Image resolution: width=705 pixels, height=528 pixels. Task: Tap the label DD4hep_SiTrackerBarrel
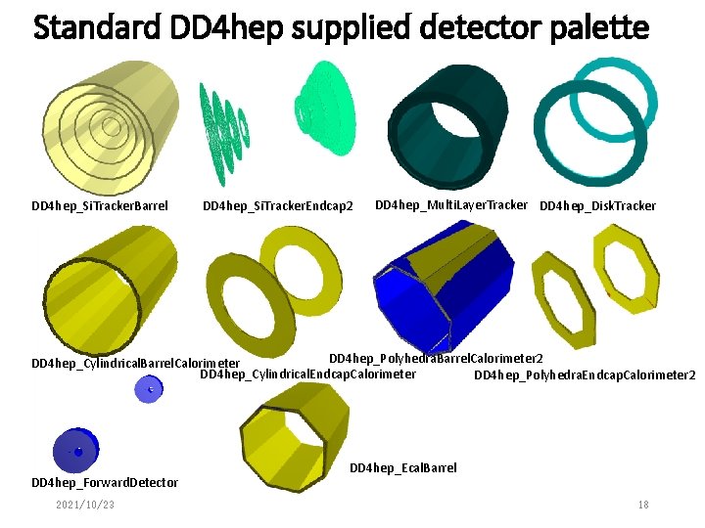[100, 206]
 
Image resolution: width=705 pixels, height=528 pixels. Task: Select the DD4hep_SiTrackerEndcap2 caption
[277, 206]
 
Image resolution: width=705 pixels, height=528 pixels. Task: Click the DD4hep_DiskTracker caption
[597, 206]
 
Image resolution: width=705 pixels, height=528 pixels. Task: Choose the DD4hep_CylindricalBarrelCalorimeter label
[136, 364]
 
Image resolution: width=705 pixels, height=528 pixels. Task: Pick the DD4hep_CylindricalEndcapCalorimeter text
[307, 374]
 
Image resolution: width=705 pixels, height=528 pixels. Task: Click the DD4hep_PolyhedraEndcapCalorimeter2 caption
[585, 374]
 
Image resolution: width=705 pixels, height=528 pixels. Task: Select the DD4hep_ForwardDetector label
[105, 482]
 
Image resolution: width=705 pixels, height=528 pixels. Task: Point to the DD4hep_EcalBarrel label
[402, 468]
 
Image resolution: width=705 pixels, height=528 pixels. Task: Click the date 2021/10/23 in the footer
[85, 505]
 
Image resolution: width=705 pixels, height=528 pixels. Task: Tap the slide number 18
[642, 505]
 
